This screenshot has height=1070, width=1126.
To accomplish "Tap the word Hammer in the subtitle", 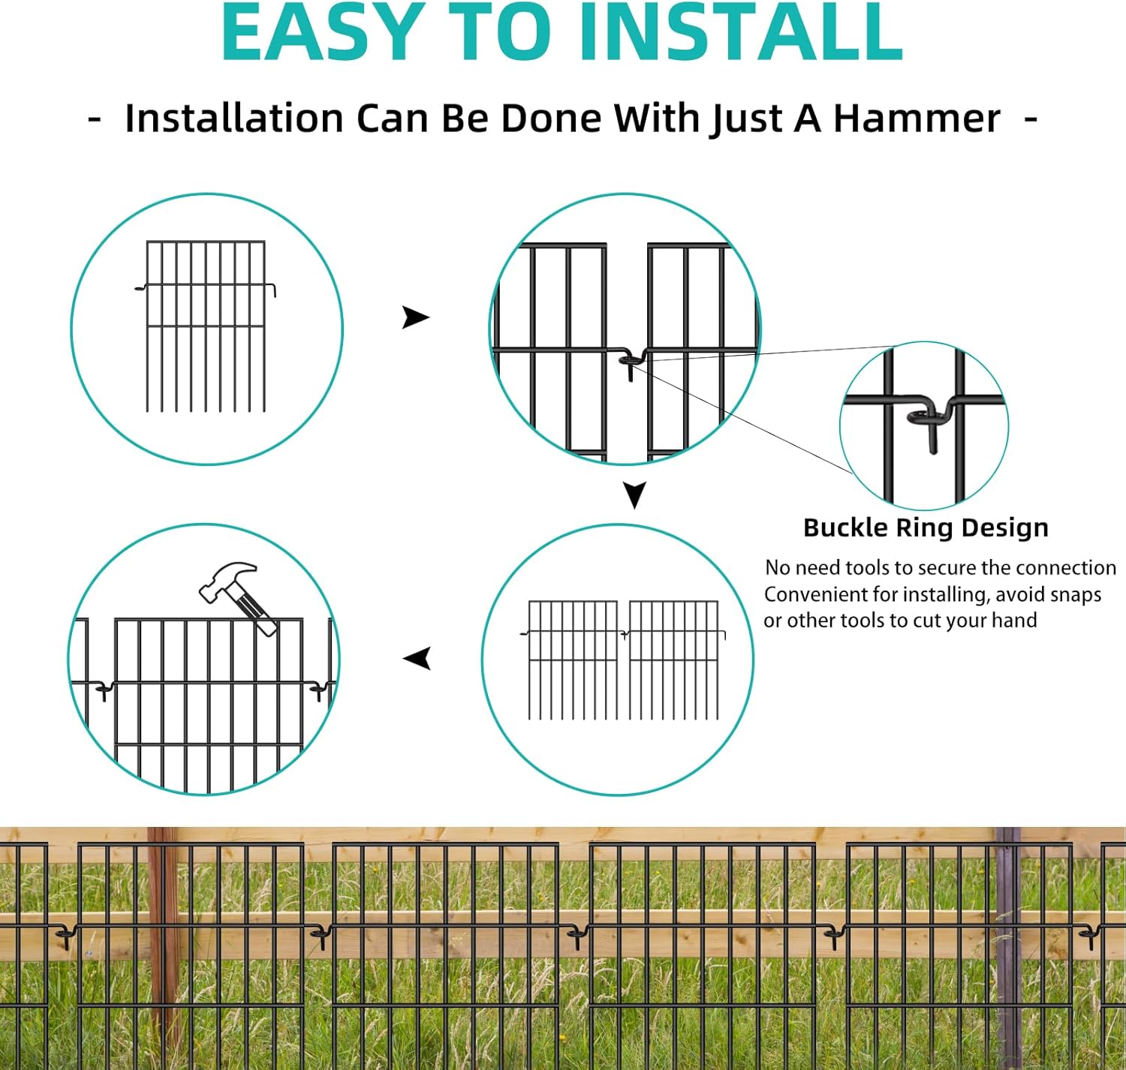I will (917, 119).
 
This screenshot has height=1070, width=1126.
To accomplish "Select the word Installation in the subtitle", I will (233, 119).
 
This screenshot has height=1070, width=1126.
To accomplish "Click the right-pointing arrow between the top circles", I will (415, 317).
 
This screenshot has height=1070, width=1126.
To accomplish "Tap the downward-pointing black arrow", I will (634, 495).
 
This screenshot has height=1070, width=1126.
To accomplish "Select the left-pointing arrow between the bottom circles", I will (417, 659).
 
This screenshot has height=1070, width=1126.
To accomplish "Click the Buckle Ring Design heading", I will (925, 527).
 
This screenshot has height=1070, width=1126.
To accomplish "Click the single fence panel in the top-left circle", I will (206, 326).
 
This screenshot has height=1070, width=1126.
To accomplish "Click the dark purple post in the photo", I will (1008, 945).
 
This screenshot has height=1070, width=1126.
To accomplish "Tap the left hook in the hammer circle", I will (102, 689).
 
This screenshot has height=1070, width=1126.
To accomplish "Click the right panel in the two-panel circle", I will (673, 659).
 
